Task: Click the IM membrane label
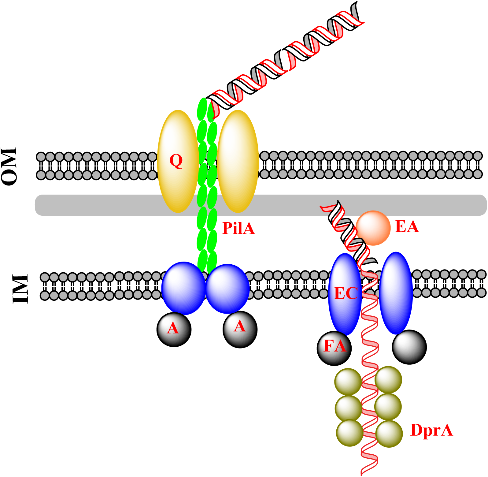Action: (x=20, y=289)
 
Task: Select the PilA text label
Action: (x=238, y=228)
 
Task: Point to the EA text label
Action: (x=407, y=227)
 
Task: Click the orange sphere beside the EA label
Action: (x=373, y=228)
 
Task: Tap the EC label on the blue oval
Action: (x=346, y=293)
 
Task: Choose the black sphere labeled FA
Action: (x=334, y=348)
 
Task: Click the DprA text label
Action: (x=431, y=430)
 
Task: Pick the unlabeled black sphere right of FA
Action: (x=409, y=347)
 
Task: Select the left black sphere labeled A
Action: (x=174, y=330)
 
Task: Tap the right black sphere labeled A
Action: (x=240, y=330)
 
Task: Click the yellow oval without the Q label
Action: (x=238, y=161)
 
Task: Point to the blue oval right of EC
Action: (x=396, y=293)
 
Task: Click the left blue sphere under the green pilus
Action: (x=183, y=288)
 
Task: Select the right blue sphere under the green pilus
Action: (x=227, y=289)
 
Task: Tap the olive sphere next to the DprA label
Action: (x=389, y=434)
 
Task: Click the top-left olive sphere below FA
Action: (x=348, y=382)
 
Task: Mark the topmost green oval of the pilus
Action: (x=202, y=109)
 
